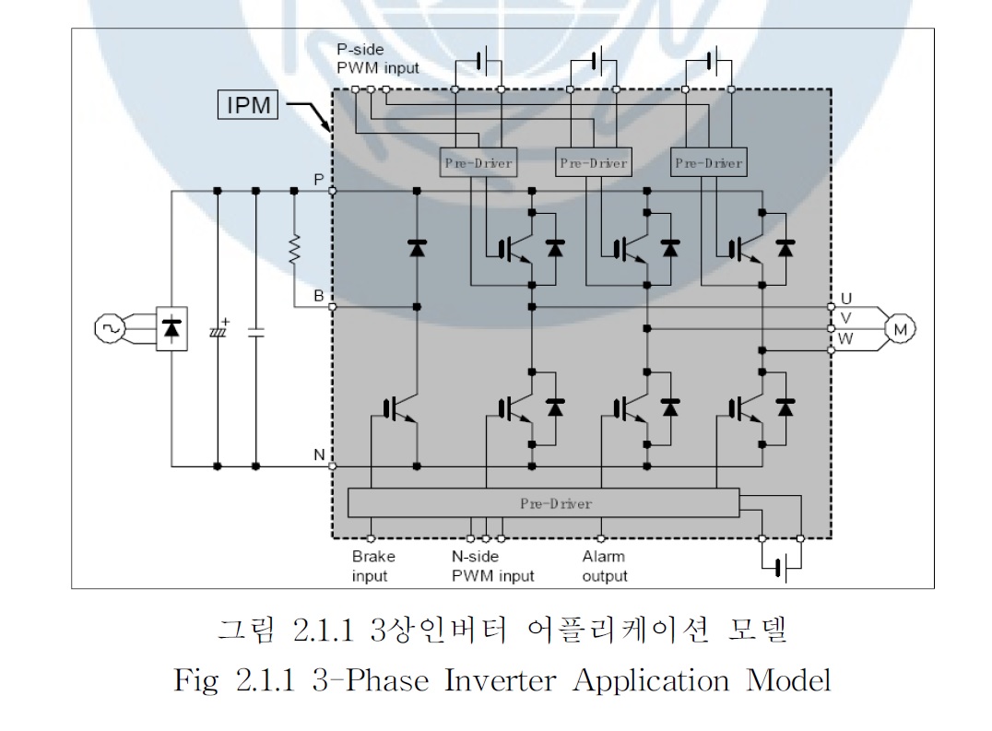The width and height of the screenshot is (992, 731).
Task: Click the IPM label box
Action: (248, 105)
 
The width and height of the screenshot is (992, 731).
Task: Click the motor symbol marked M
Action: (896, 327)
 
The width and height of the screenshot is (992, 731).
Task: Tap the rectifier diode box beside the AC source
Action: (171, 328)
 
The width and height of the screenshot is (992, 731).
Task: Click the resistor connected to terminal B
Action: (294, 250)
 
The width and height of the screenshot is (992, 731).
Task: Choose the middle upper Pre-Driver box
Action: (593, 163)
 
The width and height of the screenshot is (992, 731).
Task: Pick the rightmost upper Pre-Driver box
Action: (708, 163)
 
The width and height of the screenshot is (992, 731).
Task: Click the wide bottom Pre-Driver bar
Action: (544, 503)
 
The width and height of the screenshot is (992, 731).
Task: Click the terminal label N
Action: (318, 455)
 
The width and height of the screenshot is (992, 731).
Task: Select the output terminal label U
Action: (846, 299)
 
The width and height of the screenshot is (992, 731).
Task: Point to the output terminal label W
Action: (846, 338)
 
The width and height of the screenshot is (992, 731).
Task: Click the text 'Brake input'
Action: (372, 566)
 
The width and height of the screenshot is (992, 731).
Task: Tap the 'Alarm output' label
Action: (604, 566)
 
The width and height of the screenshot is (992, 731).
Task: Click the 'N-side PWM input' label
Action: (486, 566)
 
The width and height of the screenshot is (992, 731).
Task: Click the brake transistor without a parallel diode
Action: (398, 407)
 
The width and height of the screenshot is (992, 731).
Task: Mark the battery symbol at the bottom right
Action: (781, 566)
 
